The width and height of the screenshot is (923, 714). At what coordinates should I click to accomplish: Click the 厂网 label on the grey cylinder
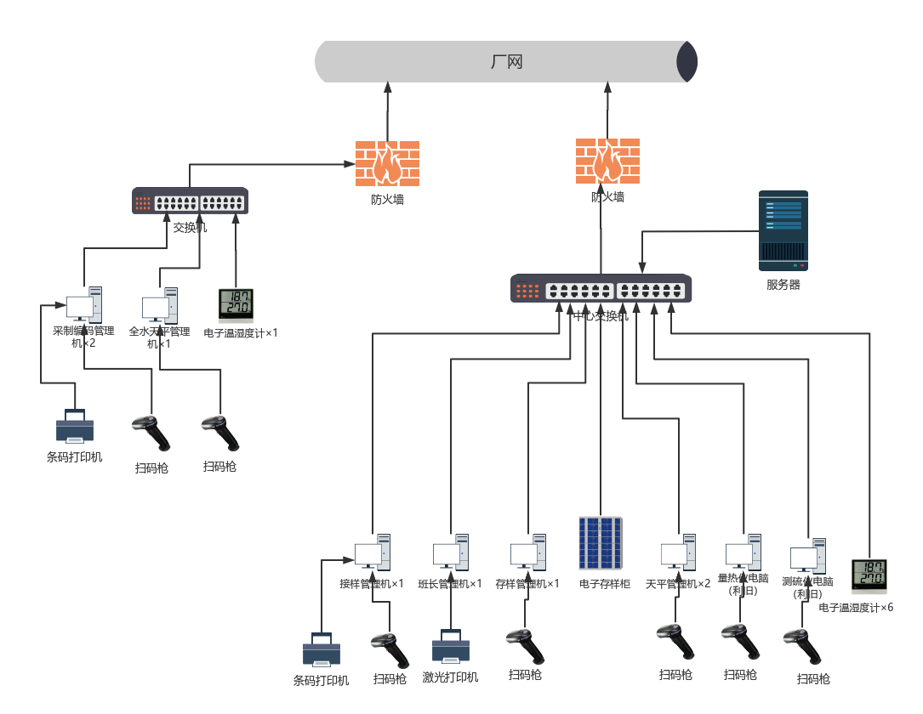click(506, 62)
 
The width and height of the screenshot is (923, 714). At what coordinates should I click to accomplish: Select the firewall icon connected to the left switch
click(387, 163)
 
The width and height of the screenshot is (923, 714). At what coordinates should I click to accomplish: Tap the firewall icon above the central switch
click(607, 161)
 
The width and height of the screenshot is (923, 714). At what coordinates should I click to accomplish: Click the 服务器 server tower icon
click(783, 230)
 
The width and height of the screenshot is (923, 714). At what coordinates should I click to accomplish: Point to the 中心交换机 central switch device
click(601, 289)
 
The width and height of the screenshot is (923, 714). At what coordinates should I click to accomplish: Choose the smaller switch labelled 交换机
click(190, 201)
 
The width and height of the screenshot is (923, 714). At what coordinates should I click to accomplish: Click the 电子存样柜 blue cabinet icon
click(601, 543)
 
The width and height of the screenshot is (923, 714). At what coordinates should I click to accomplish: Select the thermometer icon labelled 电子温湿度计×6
click(869, 576)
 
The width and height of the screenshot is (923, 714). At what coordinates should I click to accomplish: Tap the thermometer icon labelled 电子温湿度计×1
click(236, 306)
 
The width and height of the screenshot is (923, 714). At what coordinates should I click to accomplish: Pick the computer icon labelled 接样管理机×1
click(373, 552)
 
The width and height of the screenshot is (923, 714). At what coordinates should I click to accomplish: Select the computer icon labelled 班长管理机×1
click(450, 552)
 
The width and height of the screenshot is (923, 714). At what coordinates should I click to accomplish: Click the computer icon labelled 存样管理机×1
click(527, 552)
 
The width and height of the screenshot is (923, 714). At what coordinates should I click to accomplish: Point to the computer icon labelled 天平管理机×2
click(678, 552)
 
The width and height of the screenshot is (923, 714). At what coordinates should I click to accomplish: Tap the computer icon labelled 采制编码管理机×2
click(84, 304)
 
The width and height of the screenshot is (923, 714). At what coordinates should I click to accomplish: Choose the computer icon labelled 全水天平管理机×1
click(160, 305)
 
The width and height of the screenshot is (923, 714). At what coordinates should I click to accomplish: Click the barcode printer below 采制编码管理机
click(75, 427)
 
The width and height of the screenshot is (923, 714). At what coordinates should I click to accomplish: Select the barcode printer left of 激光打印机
click(322, 651)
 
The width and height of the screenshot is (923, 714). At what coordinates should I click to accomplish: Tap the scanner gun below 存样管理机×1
click(525, 647)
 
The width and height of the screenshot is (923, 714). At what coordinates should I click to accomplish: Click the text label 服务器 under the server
click(783, 285)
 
